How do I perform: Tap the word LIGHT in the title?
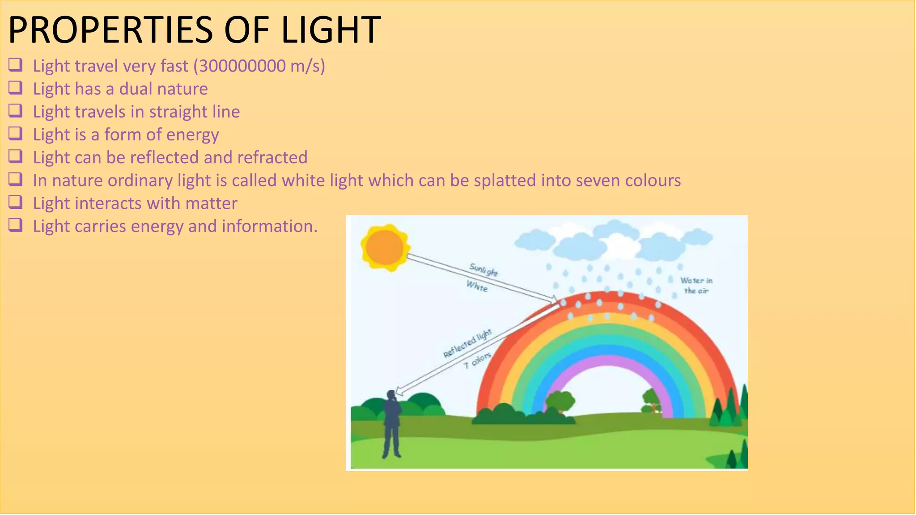[x=331, y=30]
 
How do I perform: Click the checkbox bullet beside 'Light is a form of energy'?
[x=15, y=133]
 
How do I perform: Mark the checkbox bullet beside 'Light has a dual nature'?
[x=15, y=88]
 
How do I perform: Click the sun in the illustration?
[x=385, y=247]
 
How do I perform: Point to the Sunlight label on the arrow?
[x=483, y=270]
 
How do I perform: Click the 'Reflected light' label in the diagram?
[x=467, y=343]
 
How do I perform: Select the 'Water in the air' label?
[x=696, y=286]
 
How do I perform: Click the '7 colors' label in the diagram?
[x=478, y=360]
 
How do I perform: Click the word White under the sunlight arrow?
[x=477, y=286]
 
